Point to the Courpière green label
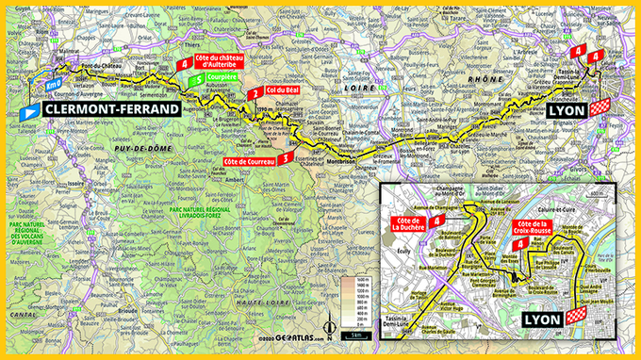pyautogui.click(x=222, y=80)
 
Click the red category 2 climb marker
pyautogui.click(x=253, y=93)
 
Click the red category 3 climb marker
pyautogui.click(x=285, y=158)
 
